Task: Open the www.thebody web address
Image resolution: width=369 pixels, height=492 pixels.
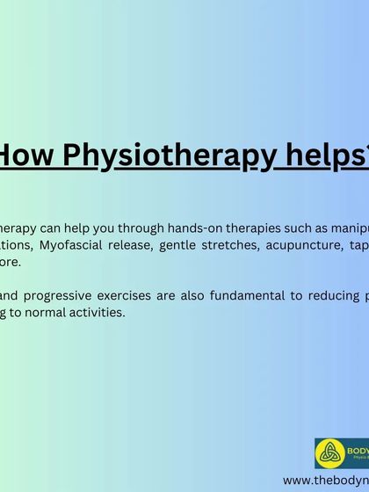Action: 325,481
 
